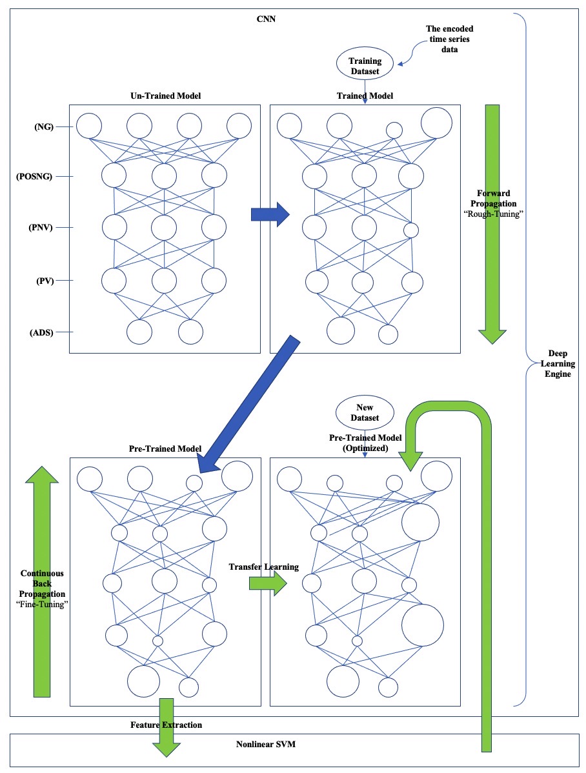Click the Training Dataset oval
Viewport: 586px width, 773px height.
coord(365,66)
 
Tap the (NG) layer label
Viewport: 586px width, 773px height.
coord(44,128)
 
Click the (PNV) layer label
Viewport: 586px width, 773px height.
coord(43,228)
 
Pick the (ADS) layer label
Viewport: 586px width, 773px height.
coord(43,332)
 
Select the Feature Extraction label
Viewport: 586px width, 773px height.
coord(166,725)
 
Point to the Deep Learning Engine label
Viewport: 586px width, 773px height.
coord(559,363)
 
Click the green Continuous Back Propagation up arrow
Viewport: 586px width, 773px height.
coord(41,581)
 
